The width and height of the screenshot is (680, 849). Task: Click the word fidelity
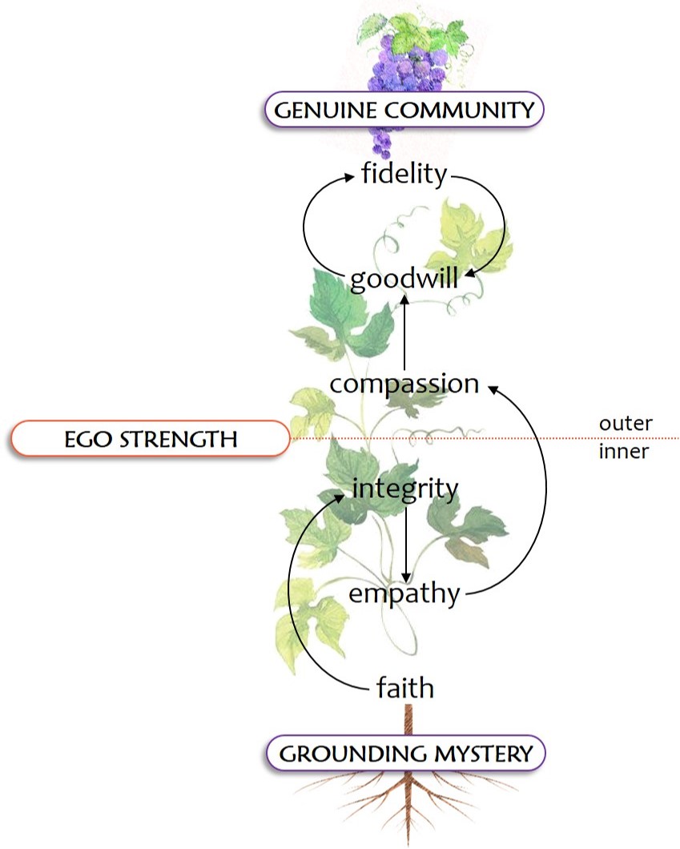click(x=404, y=174)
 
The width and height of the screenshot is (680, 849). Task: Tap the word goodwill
click(x=404, y=280)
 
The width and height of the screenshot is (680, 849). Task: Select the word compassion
click(x=404, y=384)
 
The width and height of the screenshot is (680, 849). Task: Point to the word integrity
click(x=405, y=489)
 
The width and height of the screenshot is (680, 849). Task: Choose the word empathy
click(x=404, y=594)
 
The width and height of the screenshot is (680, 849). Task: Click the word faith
click(x=405, y=687)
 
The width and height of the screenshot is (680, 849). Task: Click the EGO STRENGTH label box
click(x=150, y=439)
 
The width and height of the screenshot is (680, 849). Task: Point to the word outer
click(x=626, y=422)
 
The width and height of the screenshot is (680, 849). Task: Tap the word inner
click(x=624, y=452)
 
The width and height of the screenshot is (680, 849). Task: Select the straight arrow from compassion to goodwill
click(x=404, y=332)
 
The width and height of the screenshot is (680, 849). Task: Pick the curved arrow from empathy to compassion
click(x=545, y=497)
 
